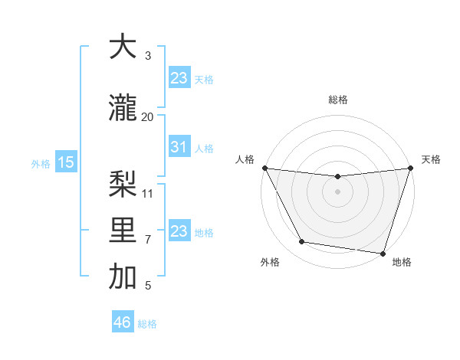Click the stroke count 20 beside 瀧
(148, 116)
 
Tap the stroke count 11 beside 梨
(148, 193)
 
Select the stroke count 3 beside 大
(148, 56)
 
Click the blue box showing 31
(179, 147)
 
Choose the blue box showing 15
(66, 162)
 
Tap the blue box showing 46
(123, 322)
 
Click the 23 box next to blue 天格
(179, 78)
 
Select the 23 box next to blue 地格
(179, 231)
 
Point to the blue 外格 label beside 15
(41, 163)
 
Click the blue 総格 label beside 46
(147, 324)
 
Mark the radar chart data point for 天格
(409, 169)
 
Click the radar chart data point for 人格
(264, 168)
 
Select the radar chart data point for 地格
(382, 253)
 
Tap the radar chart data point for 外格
(302, 242)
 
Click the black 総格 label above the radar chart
(337, 100)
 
